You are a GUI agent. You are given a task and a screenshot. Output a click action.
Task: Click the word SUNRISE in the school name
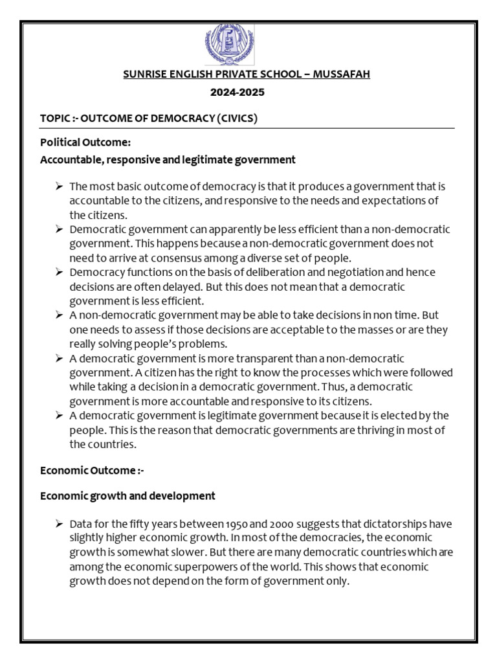[145, 74]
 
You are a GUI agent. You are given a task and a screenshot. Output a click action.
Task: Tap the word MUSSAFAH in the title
[342, 74]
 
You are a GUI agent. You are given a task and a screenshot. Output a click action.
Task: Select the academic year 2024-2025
[237, 93]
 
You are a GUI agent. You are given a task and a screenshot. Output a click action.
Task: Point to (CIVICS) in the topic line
[237, 118]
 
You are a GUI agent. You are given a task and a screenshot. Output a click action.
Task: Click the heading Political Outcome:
[85, 142]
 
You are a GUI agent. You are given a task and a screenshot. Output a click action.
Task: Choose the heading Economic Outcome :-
[92, 471]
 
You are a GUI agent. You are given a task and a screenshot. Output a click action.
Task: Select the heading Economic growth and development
[127, 496]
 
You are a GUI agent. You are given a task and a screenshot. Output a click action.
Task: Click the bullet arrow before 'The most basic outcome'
[59, 186]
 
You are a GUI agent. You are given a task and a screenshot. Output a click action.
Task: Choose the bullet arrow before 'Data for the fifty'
[59, 524]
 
